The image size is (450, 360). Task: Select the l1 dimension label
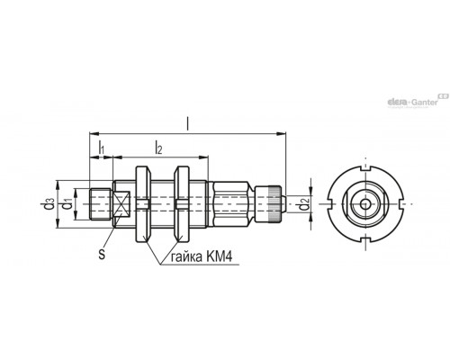pyautogui.click(x=102, y=148)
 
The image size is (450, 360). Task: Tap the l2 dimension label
pyautogui.click(x=158, y=148)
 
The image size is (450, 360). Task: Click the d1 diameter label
pyautogui.click(x=67, y=205)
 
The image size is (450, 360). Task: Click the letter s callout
pyautogui.click(x=102, y=255)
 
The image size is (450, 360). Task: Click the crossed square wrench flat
pyautogui.click(x=121, y=204)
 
